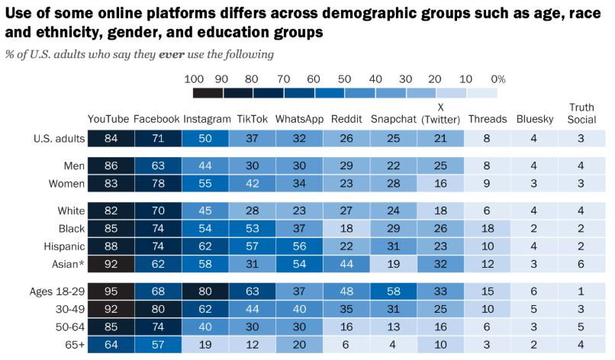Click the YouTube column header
click(x=108, y=119)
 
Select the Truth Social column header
click(x=581, y=114)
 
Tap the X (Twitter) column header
click(x=440, y=114)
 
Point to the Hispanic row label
click(x=64, y=246)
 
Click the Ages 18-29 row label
click(x=57, y=291)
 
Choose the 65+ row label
click(x=75, y=345)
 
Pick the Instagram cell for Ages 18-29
click(x=205, y=291)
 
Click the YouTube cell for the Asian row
click(x=111, y=264)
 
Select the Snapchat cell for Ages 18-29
click(x=394, y=291)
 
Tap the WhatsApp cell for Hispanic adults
click(x=299, y=246)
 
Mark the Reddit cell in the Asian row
click(x=346, y=264)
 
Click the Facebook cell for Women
click(x=158, y=184)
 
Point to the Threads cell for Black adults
click(x=488, y=229)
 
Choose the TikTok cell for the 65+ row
click(x=253, y=345)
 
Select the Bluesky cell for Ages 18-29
click(x=535, y=291)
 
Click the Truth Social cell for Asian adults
click(x=581, y=264)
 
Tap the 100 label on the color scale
click(x=194, y=79)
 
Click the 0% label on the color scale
click(x=498, y=79)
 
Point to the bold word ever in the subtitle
click(x=172, y=54)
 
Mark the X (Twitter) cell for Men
click(x=440, y=166)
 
